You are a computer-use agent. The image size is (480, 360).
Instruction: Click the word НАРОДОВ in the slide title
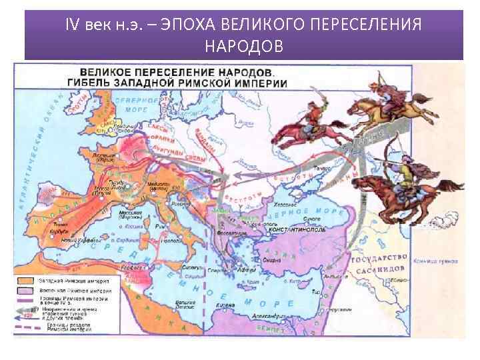point(243,47)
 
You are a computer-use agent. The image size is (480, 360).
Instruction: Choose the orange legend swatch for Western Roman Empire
point(26,281)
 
